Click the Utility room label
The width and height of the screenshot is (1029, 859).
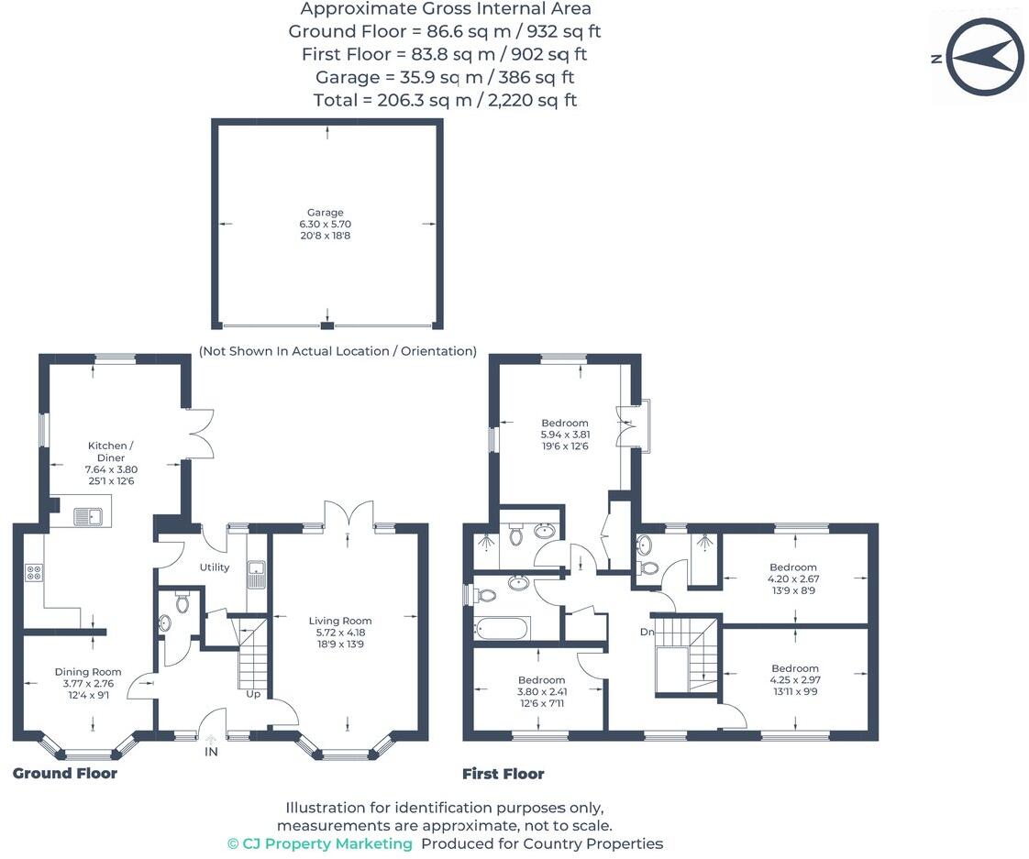[x=215, y=567]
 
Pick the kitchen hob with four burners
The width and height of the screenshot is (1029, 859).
[x=33, y=573]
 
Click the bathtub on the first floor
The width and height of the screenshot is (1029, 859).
[x=502, y=629]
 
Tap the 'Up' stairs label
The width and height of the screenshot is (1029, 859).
[x=253, y=694]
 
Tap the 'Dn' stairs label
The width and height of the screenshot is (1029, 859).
[x=647, y=633]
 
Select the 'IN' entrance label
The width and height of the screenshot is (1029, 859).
[x=212, y=752]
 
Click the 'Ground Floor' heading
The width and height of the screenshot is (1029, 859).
[x=65, y=774]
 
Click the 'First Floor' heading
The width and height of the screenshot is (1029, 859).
[x=503, y=775]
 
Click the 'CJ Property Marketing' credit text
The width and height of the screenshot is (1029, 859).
[x=319, y=843]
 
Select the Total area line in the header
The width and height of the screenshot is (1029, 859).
[x=445, y=100]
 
